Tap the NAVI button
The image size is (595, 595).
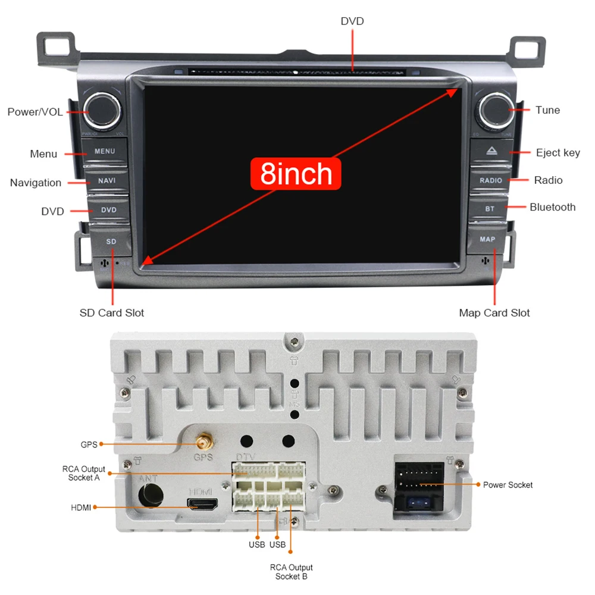point(107,180)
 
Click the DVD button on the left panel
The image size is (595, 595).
point(108,210)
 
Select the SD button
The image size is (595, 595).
point(111,242)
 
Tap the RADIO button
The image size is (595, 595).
point(491,180)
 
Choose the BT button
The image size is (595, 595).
point(490,209)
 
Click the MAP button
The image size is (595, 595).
point(487,239)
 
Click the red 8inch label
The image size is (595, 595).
point(296,174)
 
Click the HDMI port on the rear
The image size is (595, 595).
point(202,504)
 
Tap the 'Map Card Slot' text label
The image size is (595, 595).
point(494,313)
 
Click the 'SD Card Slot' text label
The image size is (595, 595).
point(112,313)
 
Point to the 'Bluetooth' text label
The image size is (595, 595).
point(552,207)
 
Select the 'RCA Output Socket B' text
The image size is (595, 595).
point(291,572)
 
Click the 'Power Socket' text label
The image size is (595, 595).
point(508,485)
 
